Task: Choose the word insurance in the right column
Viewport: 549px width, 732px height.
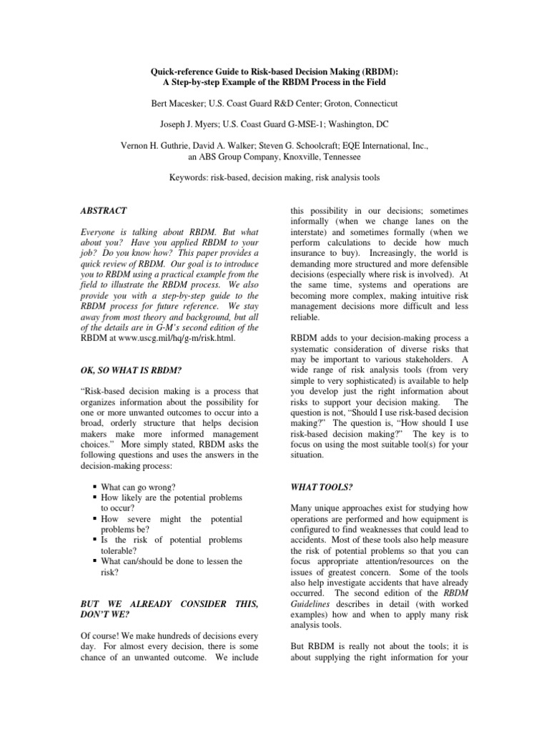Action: click(x=308, y=254)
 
